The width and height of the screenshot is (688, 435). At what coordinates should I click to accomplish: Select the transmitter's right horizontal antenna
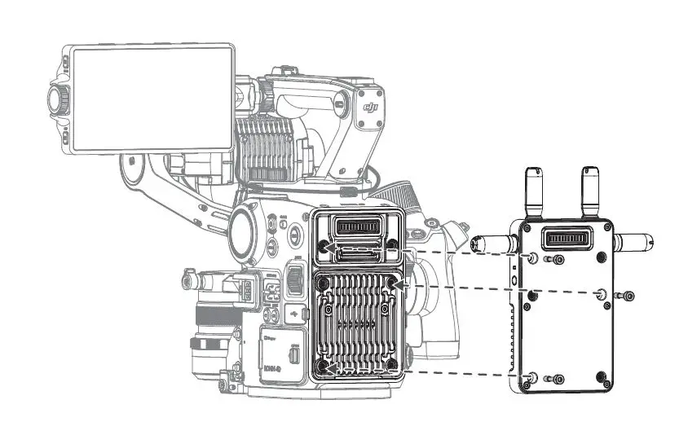[634, 242]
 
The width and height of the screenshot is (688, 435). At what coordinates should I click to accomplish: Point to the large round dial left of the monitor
[60, 100]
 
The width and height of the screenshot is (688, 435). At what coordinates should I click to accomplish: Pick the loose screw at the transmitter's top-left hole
[557, 260]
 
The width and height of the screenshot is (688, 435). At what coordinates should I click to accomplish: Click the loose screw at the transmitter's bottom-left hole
[557, 379]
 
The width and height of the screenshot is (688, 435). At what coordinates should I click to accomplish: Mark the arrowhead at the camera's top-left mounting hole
[330, 248]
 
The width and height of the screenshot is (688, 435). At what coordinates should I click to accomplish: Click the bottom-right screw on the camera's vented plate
[392, 363]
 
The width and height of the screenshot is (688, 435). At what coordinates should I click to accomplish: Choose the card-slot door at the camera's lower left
[282, 354]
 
